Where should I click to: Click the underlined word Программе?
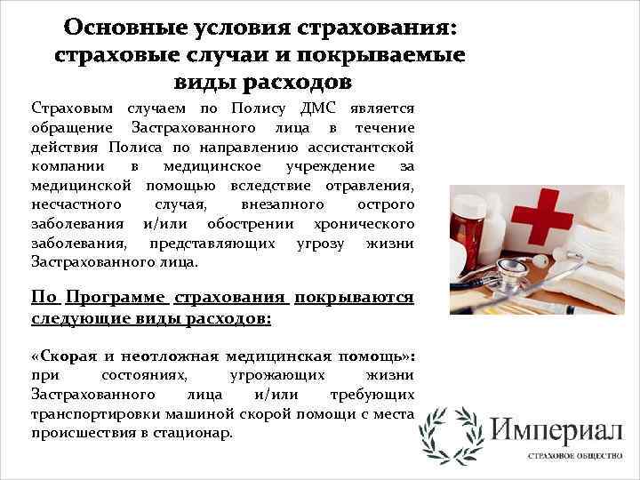coord(114,298)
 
